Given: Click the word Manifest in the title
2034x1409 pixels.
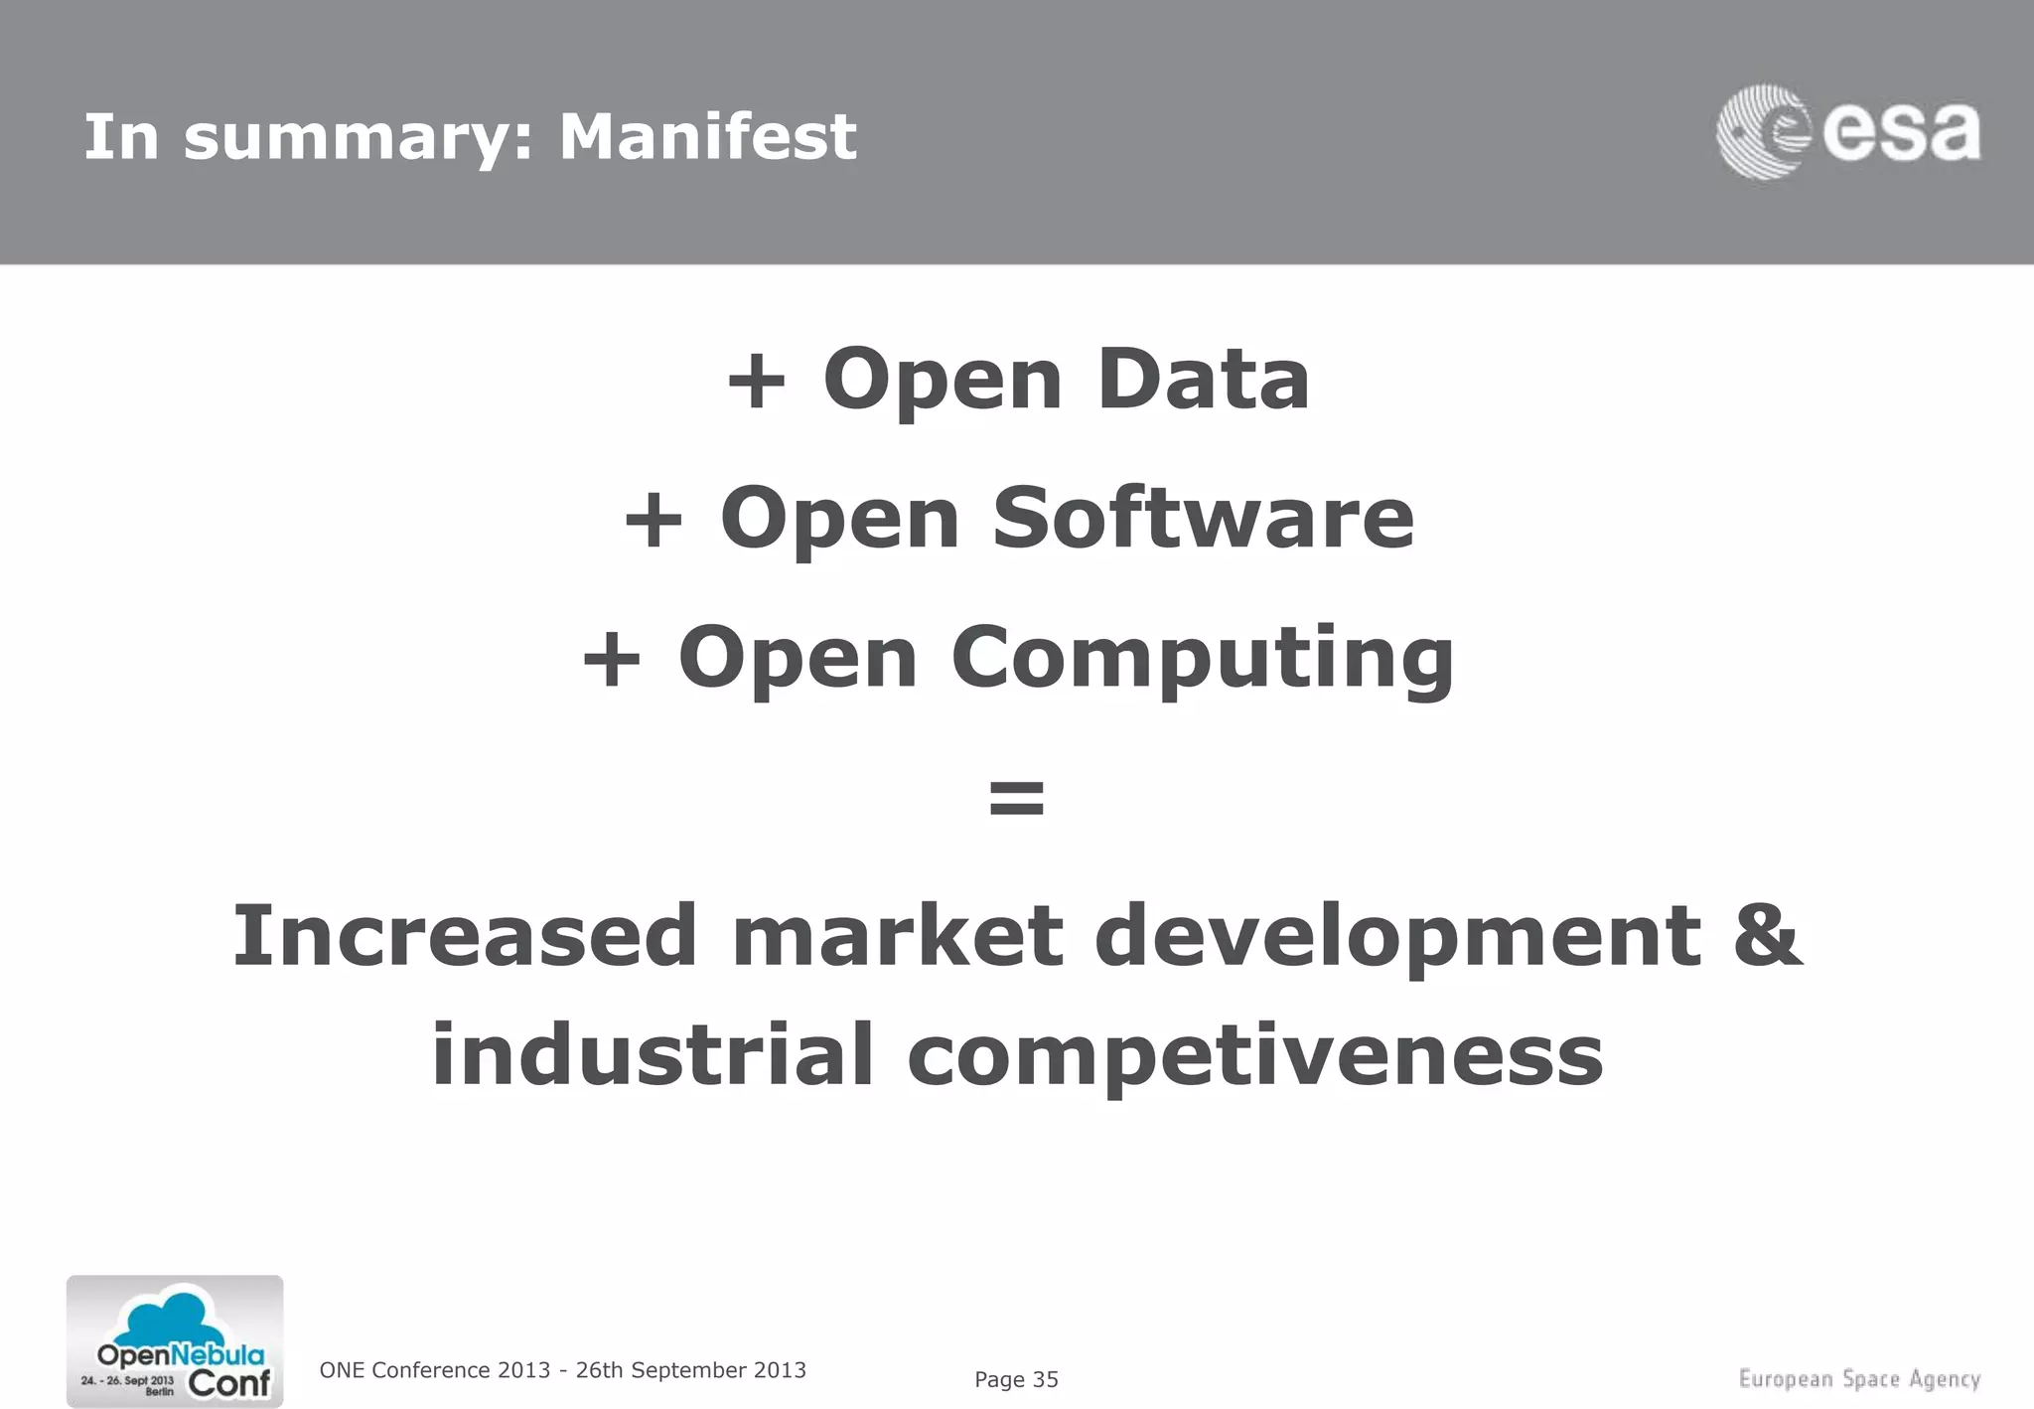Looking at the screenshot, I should click(707, 136).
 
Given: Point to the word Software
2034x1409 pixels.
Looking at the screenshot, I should click(1203, 518).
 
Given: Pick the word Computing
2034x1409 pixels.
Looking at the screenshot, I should click(1203, 658).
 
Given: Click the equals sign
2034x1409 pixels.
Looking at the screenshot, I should click(1017, 797).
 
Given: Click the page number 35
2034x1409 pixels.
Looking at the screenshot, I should click(1045, 1379).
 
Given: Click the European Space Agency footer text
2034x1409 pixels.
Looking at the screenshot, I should click(1859, 1379).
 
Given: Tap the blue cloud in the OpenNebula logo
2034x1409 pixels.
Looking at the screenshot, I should click(175, 1317).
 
